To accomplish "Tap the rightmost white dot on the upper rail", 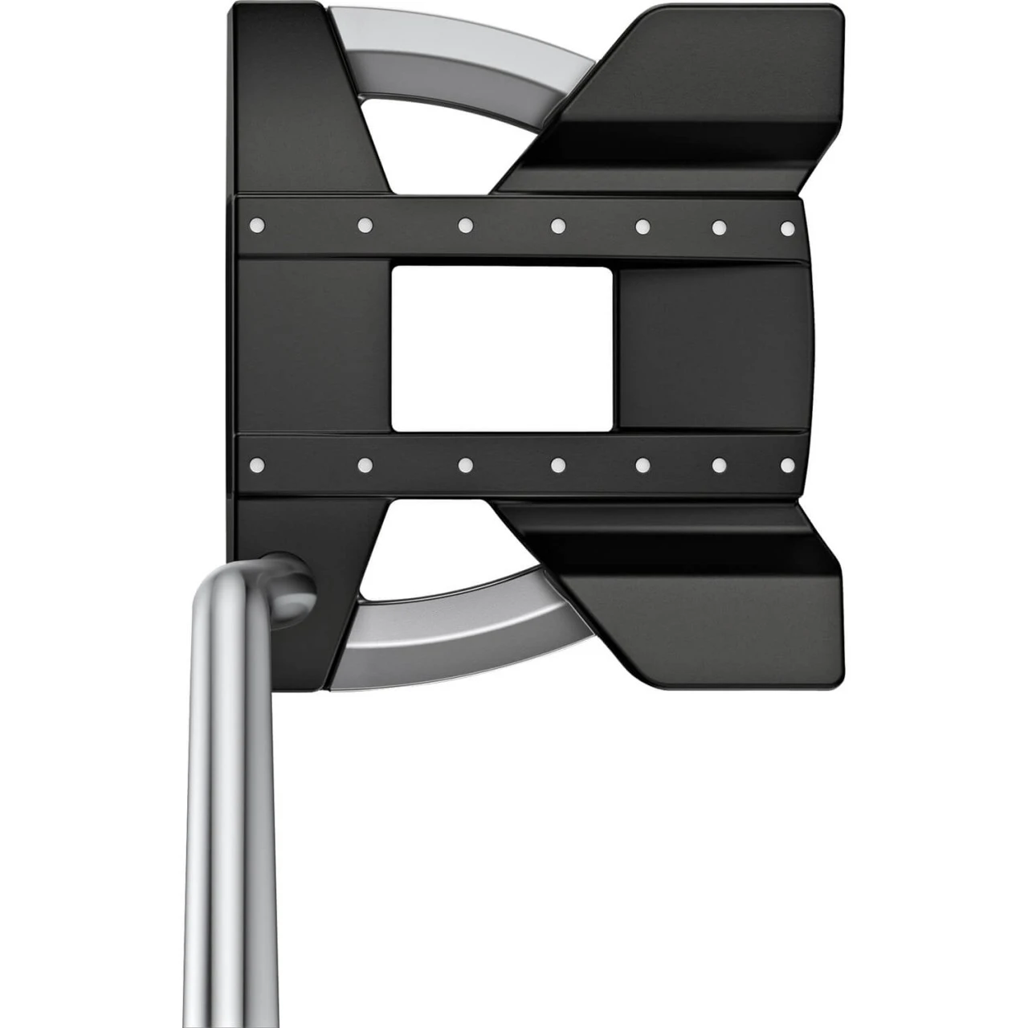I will point(788,228).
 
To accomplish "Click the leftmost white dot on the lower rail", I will point(257,464).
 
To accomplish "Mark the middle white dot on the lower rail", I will point(558,464).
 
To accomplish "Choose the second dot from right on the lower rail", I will point(720,464).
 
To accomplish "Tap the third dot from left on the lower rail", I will point(465,464).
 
